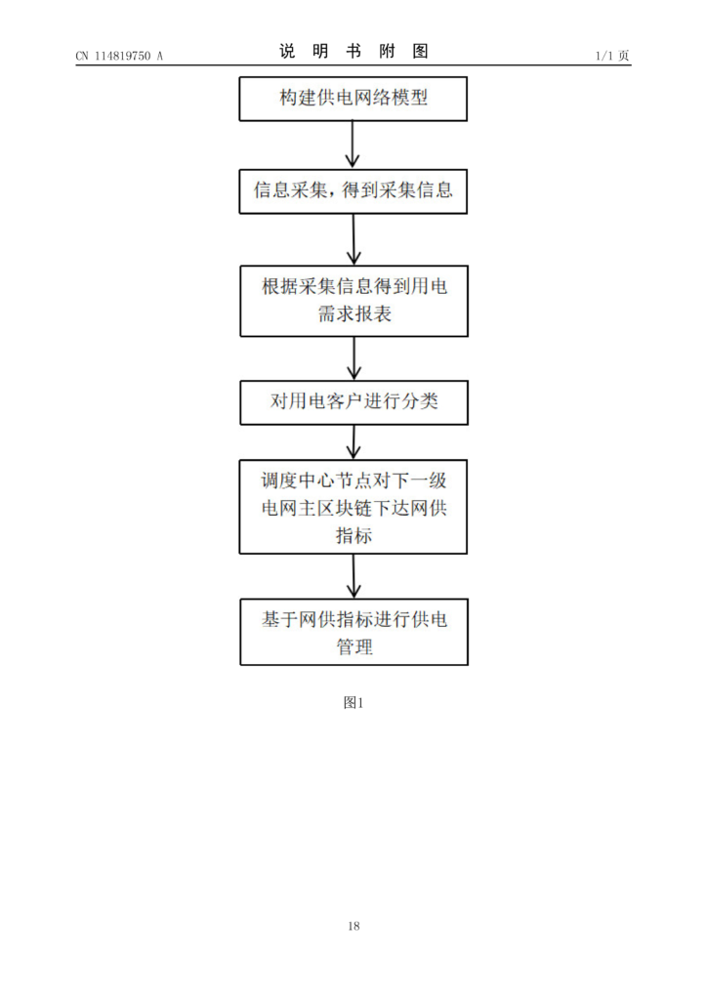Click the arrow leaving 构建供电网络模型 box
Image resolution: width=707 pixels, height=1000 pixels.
tap(353, 145)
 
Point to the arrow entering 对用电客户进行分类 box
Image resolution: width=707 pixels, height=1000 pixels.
tap(353, 358)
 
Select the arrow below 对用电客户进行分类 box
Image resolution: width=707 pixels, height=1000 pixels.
tap(353, 442)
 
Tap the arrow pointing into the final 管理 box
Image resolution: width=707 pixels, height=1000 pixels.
tap(353, 576)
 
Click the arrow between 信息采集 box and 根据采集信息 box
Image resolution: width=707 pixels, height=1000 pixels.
tap(353, 240)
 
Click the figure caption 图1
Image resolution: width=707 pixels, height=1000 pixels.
tap(353, 703)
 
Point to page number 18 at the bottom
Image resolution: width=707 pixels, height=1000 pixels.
tap(353, 926)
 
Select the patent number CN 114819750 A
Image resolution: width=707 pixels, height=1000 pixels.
tap(119, 56)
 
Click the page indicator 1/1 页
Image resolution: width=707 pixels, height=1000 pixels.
tap(612, 56)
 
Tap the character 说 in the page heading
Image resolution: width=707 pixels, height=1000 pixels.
tap(287, 51)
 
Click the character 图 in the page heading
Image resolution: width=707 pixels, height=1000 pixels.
tap(420, 51)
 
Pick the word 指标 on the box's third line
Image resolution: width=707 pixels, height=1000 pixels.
tap(353, 535)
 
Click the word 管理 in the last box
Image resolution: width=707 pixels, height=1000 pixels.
tap(354, 646)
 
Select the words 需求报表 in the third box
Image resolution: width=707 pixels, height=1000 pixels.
tap(354, 313)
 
